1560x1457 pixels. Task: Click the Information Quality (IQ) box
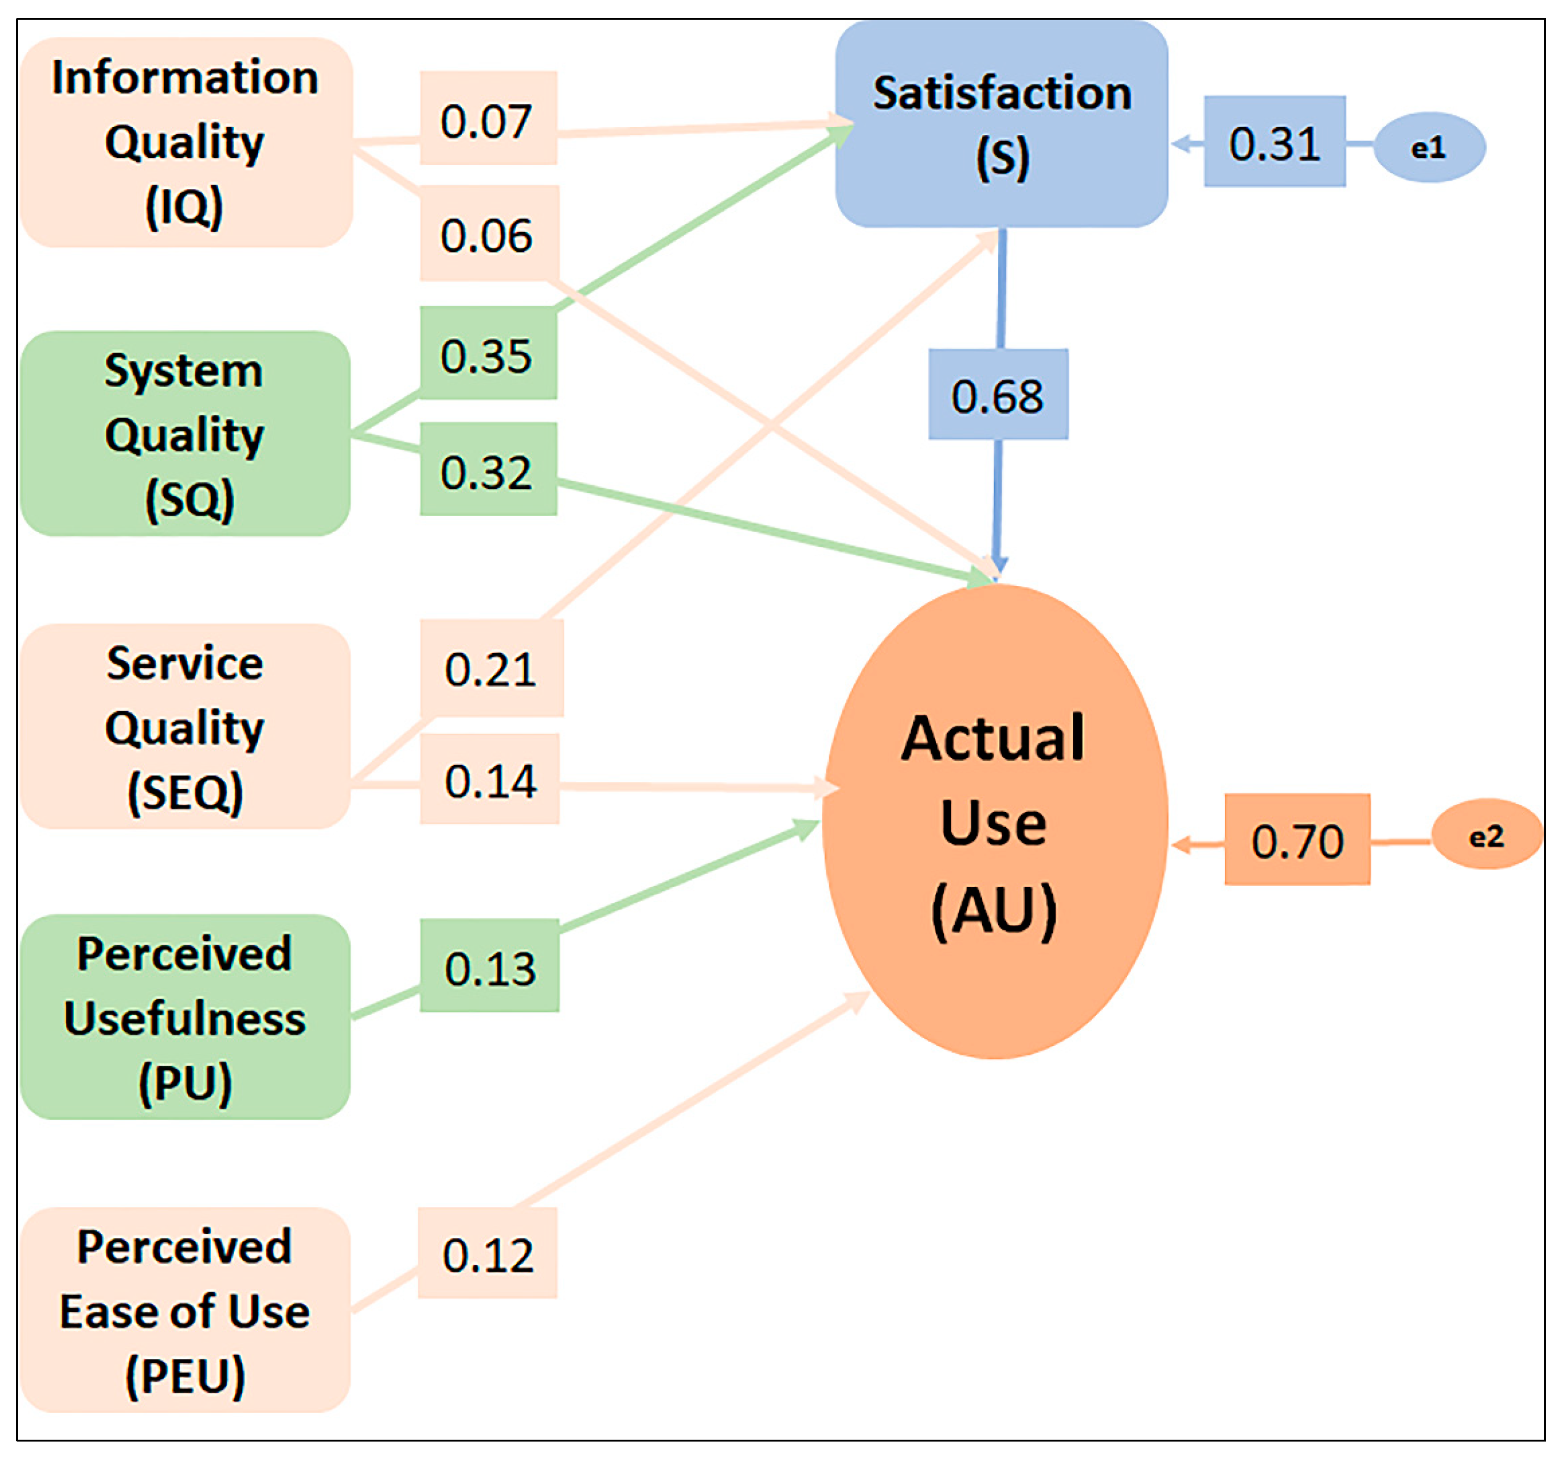tap(186, 142)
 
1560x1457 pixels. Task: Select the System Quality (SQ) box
tap(185, 433)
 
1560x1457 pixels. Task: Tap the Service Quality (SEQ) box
tap(185, 726)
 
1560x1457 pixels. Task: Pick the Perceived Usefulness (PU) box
tap(185, 1017)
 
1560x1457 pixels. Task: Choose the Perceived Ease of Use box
tap(185, 1310)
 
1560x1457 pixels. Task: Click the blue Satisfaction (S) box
tap(1002, 124)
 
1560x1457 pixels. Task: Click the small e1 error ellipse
tap(1429, 148)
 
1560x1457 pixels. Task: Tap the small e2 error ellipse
tap(1486, 835)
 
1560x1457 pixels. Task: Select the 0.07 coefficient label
tap(488, 119)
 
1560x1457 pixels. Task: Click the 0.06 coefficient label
tap(489, 234)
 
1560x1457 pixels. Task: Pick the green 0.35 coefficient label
tap(488, 353)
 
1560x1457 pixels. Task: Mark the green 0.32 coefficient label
tap(488, 469)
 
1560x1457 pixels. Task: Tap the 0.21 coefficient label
tap(491, 669)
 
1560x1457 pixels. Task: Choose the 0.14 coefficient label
tap(489, 780)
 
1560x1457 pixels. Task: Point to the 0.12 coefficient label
tap(487, 1254)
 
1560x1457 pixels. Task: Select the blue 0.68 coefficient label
tap(998, 394)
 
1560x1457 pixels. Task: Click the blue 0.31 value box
tap(1274, 142)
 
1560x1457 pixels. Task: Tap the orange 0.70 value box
tap(1297, 840)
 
